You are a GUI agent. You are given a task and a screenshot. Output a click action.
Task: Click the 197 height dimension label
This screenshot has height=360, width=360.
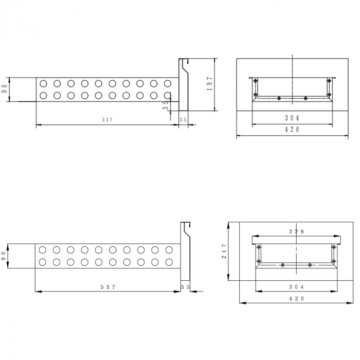(210, 83)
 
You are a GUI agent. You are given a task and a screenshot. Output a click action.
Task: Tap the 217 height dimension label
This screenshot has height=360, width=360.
(224, 251)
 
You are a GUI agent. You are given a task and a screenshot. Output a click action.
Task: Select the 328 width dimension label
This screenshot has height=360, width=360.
(296, 231)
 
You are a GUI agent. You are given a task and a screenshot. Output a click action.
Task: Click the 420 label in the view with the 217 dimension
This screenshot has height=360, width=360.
(296, 298)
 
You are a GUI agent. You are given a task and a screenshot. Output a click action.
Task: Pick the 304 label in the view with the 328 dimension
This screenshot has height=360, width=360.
(296, 287)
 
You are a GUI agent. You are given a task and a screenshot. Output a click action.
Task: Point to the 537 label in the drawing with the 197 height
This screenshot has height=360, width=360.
(107, 120)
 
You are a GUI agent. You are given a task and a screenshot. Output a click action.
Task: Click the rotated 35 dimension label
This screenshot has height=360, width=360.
(166, 105)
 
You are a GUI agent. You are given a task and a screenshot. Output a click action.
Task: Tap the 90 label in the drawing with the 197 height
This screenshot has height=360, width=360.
(5, 89)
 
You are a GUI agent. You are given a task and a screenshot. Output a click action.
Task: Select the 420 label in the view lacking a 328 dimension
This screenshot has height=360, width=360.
(292, 130)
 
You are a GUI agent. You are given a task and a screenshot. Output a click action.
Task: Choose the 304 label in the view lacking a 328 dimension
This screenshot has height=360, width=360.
(292, 118)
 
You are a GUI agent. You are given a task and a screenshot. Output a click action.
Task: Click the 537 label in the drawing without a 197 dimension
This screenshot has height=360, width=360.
(108, 287)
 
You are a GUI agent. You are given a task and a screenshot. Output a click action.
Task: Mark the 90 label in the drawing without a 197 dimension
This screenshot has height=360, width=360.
(4, 256)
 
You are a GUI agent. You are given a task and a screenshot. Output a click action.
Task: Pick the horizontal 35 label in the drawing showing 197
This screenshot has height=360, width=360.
(183, 120)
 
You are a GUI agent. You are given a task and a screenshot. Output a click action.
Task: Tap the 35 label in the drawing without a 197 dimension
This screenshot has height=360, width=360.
(186, 287)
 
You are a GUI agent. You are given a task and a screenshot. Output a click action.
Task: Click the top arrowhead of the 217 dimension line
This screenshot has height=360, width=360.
(228, 225)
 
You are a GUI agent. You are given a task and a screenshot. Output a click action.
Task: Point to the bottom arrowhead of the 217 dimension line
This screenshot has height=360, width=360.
(228, 278)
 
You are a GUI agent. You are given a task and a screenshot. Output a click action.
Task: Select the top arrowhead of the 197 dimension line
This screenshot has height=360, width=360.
(214, 61)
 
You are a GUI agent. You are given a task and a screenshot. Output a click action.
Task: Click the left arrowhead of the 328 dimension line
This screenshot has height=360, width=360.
(255, 236)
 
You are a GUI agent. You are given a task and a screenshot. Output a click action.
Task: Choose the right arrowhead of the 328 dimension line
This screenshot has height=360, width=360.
(337, 236)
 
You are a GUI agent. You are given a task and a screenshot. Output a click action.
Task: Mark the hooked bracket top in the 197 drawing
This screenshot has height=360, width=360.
(184, 61)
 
